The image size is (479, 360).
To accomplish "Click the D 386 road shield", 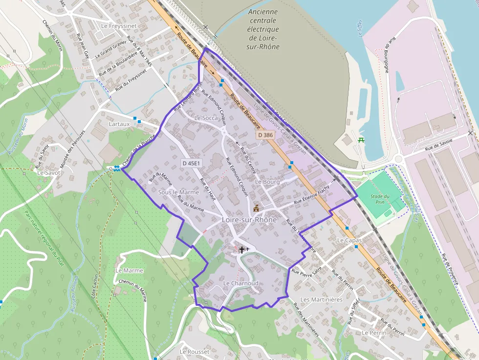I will pyautogui.click(x=265, y=135).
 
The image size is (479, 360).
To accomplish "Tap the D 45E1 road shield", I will pyautogui.click(x=191, y=163).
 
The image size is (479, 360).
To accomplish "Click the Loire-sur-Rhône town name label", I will pyautogui.click(x=249, y=220).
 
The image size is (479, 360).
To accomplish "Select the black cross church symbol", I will pyautogui.click(x=241, y=250).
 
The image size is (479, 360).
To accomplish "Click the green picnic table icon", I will pyautogui.click(x=361, y=140).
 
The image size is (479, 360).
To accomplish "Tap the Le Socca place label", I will pyautogui.click(x=206, y=118).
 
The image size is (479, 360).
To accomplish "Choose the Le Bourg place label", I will pyautogui.click(x=267, y=182).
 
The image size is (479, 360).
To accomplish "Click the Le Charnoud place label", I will pyautogui.click(x=240, y=283).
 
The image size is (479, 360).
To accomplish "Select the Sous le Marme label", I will pyautogui.click(x=178, y=192).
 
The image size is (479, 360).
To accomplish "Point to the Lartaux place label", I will pyautogui.click(x=119, y=124).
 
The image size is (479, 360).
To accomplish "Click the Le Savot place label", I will pyautogui.click(x=49, y=172).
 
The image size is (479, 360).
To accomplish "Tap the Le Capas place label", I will pyautogui.click(x=349, y=240).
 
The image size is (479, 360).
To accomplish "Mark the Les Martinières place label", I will pyautogui.click(x=321, y=299).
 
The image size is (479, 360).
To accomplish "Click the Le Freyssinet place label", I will pyautogui.click(x=118, y=25).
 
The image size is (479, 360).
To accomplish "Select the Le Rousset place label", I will pyautogui.click(x=195, y=352).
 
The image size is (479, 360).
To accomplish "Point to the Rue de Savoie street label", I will pyautogui.click(x=438, y=144).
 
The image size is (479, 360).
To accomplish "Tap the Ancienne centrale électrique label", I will pyautogui.click(x=263, y=29).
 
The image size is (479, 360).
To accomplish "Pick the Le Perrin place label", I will pyautogui.click(x=374, y=333).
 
